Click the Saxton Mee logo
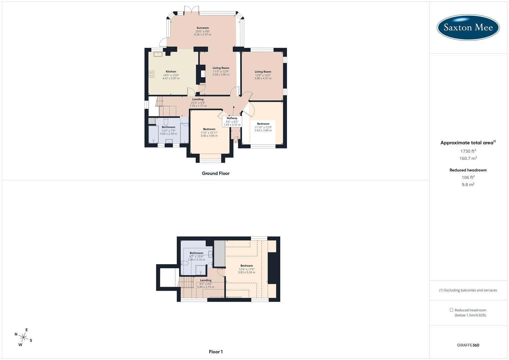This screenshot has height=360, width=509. pos(468,27)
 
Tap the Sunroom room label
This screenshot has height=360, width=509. pos(203,28)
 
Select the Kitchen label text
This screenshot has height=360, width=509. pos(171,72)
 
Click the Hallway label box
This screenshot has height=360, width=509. pos(232,121)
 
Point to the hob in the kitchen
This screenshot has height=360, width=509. pos(151,74)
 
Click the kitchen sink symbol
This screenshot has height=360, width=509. pos(158,54)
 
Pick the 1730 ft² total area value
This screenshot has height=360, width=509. pos(468,151)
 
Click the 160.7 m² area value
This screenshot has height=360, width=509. pos(468,158)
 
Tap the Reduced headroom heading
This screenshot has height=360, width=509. pos(468,170)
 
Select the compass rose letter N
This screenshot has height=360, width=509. pos(16,334)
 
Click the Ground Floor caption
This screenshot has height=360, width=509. pos(216,173)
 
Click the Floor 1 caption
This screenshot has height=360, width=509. pos(216,352)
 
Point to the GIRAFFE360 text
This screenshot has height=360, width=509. pos(468,345)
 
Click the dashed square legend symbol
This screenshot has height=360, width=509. pos(452,310)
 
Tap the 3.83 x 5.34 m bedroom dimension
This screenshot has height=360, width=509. pos(247,272)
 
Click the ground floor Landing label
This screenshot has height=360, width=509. pos(198,99)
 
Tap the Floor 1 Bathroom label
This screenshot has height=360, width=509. pos(196,253)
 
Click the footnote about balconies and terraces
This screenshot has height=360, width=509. pos(468,290)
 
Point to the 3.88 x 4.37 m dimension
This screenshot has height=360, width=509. pos(263,78)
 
